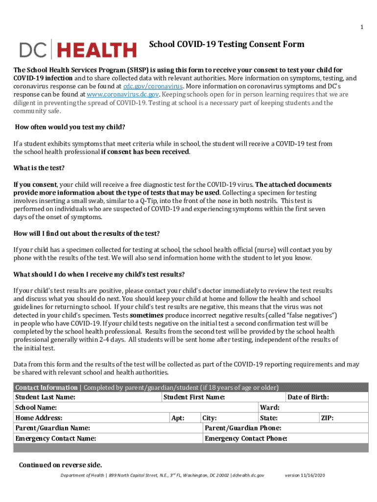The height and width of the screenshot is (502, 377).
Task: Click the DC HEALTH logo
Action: [78, 50]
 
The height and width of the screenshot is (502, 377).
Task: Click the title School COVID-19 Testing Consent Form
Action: [226, 45]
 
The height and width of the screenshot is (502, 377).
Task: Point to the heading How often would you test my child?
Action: [70, 127]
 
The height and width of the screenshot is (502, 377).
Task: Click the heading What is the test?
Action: [39, 168]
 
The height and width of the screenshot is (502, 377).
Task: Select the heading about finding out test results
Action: [87, 233]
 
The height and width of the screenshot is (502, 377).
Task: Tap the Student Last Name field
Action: [118, 397]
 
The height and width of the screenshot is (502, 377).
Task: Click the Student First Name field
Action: [255, 397]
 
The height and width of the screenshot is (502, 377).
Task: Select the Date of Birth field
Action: [348, 397]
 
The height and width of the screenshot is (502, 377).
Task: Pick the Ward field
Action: [323, 408]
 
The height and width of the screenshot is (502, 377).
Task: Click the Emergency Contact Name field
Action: [147, 439]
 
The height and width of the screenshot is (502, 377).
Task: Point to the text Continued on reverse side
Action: [60, 465]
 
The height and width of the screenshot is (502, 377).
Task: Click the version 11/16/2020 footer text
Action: [305, 476]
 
